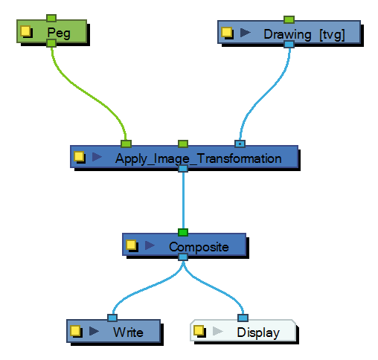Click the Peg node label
tap(59, 33)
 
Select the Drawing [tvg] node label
tap(304, 34)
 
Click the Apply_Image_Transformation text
tap(199, 158)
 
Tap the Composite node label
tap(199, 247)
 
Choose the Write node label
tap(128, 332)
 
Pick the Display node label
tap(258, 333)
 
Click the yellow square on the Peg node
tap(25, 31)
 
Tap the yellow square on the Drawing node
tap(226, 33)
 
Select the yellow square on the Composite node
tap(131, 245)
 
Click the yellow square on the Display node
tap(199, 330)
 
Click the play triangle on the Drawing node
tap(246, 33)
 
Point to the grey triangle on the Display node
tap(217, 331)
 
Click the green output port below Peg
tap(51, 43)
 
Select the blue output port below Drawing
tap(289, 45)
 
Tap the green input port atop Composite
tap(183, 233)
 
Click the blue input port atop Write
tap(112, 318)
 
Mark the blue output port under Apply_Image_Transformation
tap(183, 169)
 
